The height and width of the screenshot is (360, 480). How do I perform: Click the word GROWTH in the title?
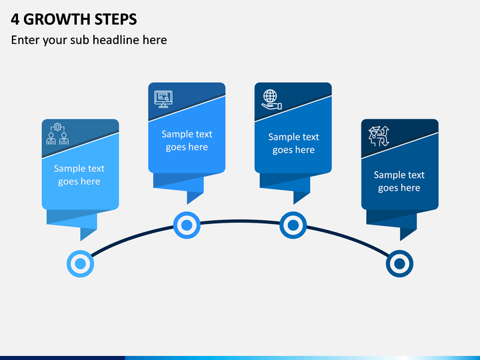point(57,19)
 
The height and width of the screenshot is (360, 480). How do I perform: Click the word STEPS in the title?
point(116,19)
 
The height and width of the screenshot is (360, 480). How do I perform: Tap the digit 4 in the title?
point(15,19)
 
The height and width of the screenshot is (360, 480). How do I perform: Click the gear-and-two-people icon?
point(57,134)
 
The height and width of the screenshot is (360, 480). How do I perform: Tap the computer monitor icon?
point(163,99)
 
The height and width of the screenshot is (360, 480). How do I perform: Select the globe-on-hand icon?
point(271,99)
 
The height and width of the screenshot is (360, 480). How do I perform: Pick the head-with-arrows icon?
point(379,136)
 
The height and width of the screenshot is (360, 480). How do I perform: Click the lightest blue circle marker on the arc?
point(80,263)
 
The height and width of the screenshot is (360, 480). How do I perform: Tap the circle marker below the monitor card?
point(187,225)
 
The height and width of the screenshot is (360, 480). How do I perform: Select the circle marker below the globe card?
point(293,225)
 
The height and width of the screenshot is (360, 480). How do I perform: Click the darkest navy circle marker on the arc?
point(399,263)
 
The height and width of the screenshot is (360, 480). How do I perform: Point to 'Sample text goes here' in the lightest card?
point(79,175)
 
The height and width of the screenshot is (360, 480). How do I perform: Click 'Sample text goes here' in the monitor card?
point(187,141)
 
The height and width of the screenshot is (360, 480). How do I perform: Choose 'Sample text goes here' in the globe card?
point(293,143)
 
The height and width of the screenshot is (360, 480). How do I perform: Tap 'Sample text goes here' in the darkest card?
point(399,181)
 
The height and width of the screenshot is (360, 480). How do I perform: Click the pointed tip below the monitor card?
point(187,204)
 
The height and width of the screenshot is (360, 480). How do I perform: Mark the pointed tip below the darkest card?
point(401,241)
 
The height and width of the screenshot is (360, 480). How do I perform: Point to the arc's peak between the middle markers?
point(240,221)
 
